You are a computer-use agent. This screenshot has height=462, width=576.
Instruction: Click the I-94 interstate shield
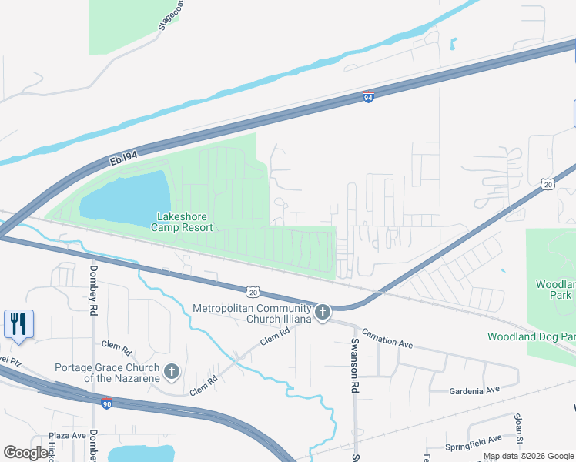(369, 97)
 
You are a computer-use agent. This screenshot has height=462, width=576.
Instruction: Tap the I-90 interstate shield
(105, 402)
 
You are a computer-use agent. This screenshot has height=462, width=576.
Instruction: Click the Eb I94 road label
(123, 158)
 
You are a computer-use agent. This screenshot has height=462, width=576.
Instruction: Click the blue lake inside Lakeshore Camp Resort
(123, 196)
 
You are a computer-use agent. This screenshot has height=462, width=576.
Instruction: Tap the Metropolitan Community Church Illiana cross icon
(323, 313)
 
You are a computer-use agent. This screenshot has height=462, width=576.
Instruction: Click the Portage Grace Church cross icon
(171, 372)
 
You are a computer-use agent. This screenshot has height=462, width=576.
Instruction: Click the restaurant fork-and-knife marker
(18, 323)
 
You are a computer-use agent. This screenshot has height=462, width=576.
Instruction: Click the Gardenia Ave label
(474, 391)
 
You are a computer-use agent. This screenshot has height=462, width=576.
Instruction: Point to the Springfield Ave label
(474, 445)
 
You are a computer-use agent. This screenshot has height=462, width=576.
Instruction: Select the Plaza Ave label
(67, 436)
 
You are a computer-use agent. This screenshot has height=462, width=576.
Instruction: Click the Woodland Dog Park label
(531, 336)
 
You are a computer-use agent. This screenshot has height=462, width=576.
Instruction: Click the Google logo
(25, 453)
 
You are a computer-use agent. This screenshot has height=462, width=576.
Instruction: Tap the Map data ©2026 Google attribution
(527, 456)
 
